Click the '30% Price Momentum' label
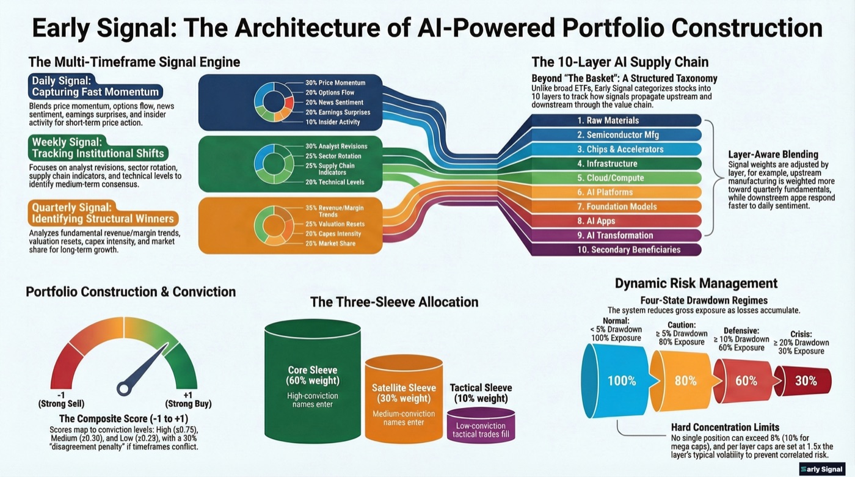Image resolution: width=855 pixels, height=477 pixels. click(335, 82)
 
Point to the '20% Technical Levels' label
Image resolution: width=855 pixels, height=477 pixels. click(335, 182)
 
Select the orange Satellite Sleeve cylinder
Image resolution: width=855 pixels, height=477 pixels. click(404, 401)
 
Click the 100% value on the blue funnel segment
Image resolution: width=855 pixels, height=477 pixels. click(622, 381)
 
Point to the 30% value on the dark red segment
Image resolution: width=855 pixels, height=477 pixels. click(806, 381)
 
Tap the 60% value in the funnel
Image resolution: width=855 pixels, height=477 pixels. click(746, 381)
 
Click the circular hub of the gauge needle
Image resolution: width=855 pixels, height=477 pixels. click(125, 387)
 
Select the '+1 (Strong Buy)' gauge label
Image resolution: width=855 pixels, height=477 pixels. click(188, 399)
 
